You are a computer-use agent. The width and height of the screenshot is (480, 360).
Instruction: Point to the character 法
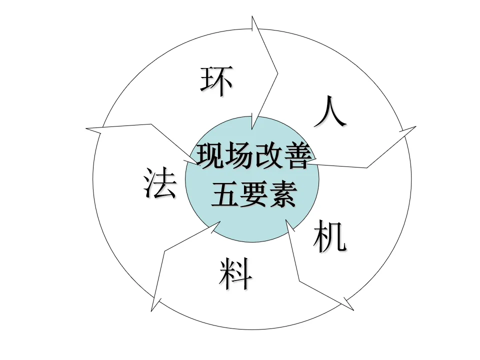pos(160,183)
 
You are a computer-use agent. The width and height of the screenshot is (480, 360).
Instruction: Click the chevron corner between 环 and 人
pos(277,73)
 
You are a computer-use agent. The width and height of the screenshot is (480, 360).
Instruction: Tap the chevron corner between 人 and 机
pos(367,167)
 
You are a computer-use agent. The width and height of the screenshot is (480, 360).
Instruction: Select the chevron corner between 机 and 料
pos(299,280)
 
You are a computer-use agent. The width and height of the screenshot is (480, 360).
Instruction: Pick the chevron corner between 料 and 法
pos(164,249)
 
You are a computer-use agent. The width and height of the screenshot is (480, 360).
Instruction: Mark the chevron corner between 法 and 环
pos(151,123)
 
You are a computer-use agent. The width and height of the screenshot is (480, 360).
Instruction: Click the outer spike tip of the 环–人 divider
pos(252,16)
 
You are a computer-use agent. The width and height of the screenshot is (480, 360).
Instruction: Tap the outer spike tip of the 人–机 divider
pos(415,126)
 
